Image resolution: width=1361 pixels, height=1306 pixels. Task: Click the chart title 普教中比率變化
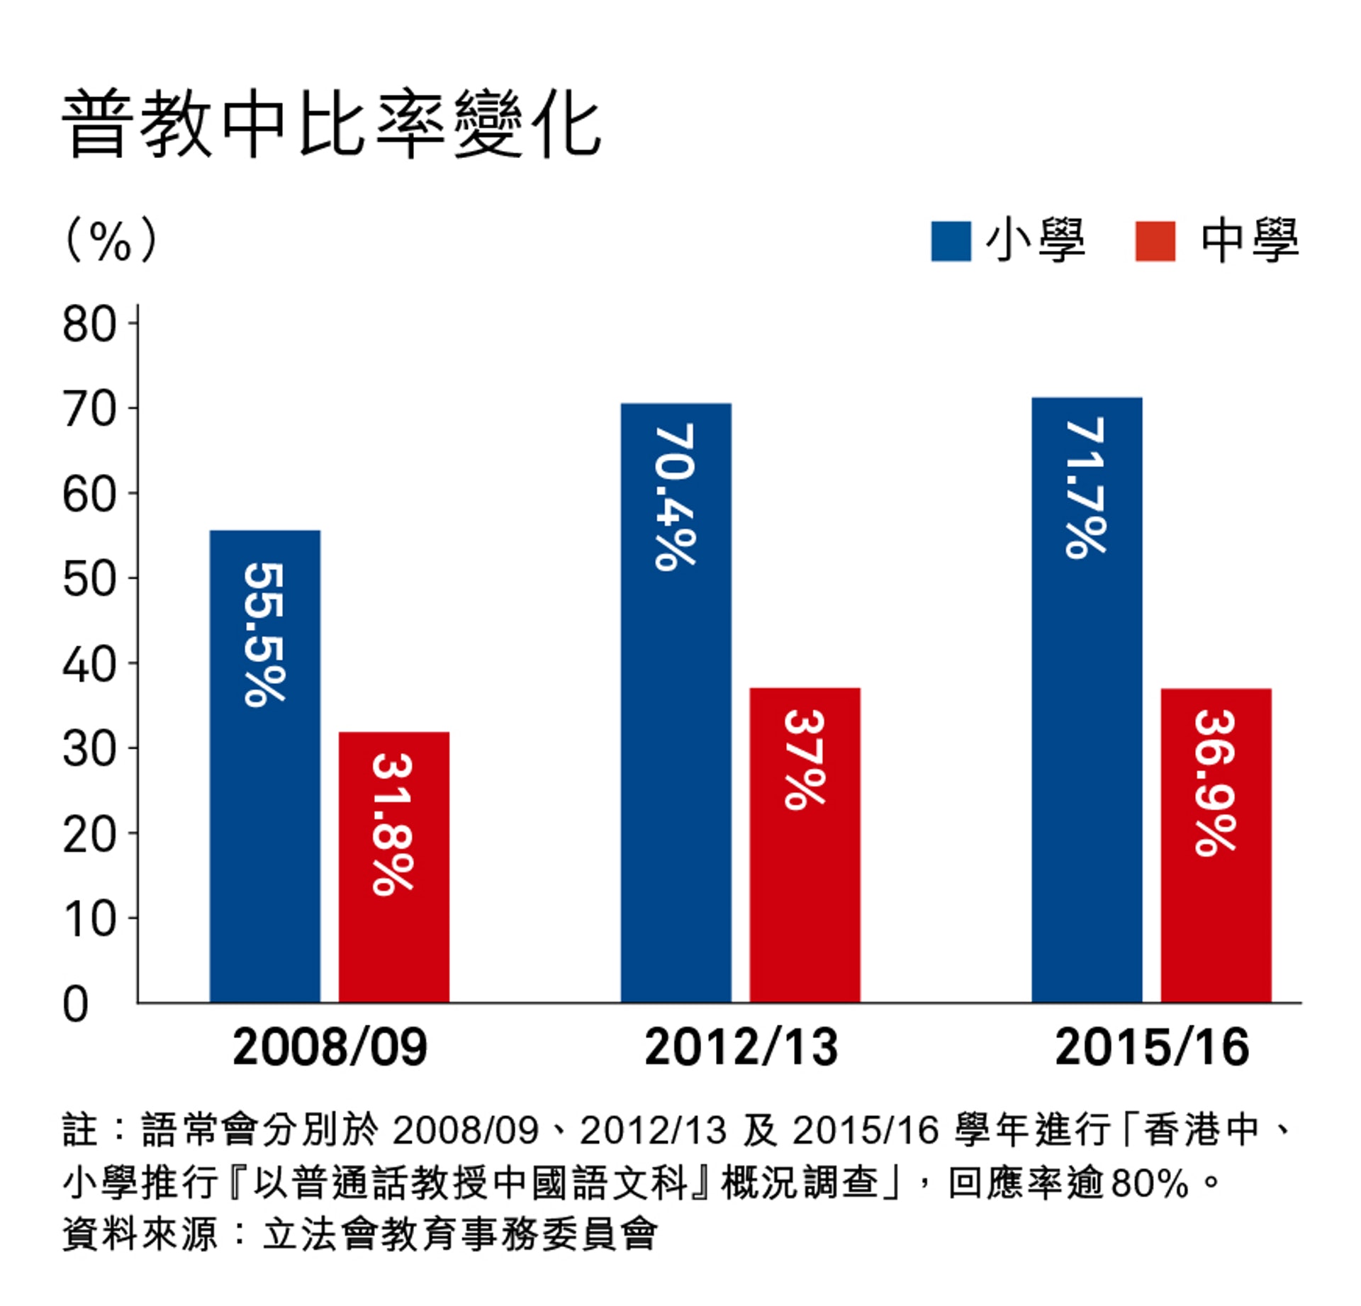(x=332, y=125)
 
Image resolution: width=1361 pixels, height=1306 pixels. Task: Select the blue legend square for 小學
(x=950, y=242)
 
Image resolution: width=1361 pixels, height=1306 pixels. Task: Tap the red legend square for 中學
(x=1155, y=242)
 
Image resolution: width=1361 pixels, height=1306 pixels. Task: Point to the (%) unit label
(x=110, y=240)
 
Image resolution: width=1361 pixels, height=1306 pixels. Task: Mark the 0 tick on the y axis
(x=76, y=1004)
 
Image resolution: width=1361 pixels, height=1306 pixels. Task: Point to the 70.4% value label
(x=676, y=497)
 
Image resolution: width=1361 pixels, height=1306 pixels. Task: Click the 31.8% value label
(x=393, y=824)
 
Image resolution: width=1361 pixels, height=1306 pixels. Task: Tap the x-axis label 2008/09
(x=330, y=1047)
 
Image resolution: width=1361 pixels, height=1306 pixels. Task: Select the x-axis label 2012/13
(x=741, y=1047)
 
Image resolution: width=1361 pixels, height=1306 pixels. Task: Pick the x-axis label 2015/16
(x=1151, y=1047)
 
